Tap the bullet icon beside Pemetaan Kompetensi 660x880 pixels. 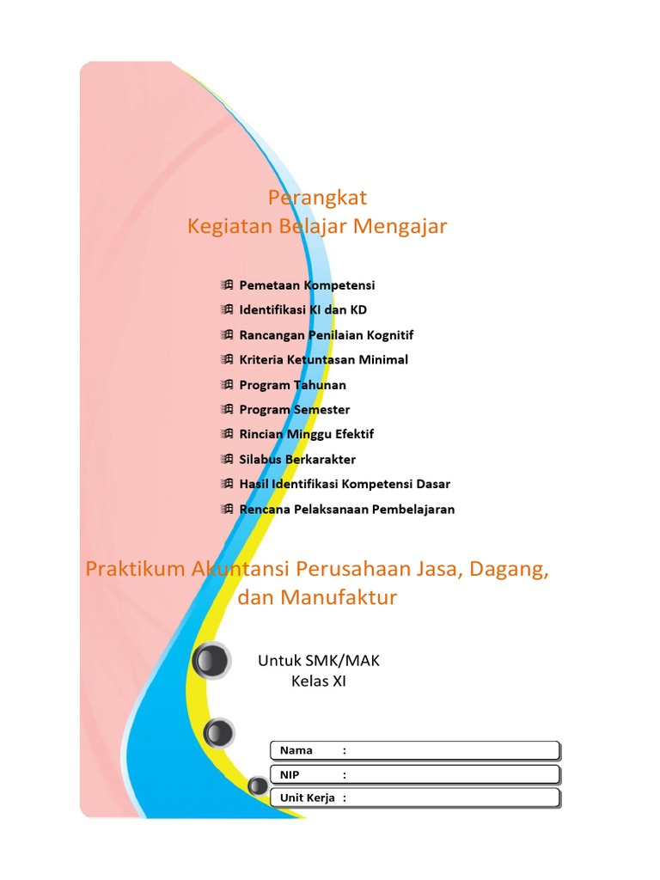tap(227, 285)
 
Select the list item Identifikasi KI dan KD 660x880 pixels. tap(302, 309)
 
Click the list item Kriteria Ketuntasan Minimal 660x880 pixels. tap(323, 359)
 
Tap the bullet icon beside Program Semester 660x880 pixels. tap(227, 409)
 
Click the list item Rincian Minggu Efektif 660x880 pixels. tap(306, 434)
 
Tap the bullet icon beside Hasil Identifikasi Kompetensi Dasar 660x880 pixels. tap(227, 484)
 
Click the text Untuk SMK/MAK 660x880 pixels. tap(318, 661)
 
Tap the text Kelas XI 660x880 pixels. tap(318, 681)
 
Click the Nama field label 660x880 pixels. tap(296, 750)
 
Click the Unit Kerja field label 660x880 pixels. tap(307, 797)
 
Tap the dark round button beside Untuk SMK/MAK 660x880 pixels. tap(210, 662)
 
